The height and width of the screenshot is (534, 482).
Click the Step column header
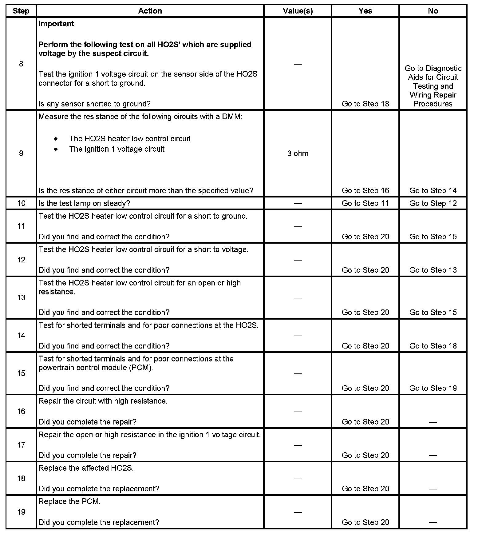21,11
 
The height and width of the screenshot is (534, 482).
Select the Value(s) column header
298,11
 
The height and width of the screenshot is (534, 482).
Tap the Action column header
150,11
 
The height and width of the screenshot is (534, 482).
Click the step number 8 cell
21,64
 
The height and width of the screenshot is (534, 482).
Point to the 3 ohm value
298,153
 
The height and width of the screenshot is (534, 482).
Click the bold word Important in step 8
56,24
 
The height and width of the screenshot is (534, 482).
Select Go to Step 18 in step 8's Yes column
365,104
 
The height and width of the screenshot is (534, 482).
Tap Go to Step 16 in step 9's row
365,191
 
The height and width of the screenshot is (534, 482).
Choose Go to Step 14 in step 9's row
433,191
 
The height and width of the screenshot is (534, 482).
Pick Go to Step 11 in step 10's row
365,203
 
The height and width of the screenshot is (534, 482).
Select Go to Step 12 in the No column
433,203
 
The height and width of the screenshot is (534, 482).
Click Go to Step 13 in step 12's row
433,270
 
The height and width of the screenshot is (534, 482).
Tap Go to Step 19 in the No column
433,388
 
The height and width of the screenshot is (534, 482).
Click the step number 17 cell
21,445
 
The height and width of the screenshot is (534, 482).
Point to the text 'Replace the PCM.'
69,502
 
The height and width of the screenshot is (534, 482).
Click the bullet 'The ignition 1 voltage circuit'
117,149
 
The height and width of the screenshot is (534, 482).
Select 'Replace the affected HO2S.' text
86,468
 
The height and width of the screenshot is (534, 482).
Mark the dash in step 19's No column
433,522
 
